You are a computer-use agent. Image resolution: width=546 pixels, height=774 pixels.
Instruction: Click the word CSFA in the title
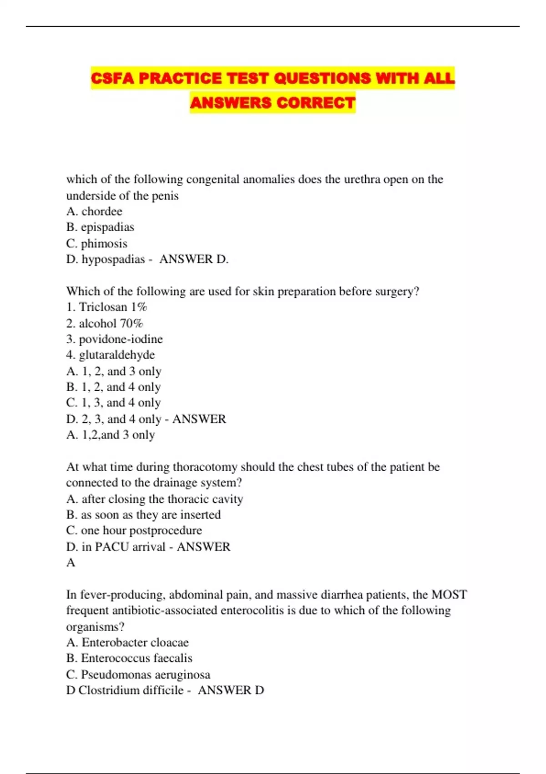coord(112,78)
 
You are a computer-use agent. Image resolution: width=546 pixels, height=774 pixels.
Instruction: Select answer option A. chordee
coord(94,211)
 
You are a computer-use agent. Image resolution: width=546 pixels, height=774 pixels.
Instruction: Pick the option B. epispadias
coord(100,227)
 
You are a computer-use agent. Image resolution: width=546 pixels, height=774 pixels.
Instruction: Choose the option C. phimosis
coord(96,243)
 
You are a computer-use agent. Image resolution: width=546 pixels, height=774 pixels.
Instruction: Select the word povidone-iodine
coord(121,339)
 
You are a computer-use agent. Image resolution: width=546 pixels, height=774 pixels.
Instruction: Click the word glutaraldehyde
coord(116,355)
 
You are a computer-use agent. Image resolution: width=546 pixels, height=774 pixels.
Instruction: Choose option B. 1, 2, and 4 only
coord(113,387)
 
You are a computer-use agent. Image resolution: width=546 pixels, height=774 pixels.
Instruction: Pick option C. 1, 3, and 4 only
coord(113,403)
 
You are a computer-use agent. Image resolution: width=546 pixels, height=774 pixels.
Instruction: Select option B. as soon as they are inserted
coord(143,515)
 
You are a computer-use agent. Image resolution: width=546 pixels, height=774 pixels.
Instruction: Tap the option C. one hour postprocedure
coord(134,531)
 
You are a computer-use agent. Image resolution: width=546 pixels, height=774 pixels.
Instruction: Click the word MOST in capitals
coord(449,595)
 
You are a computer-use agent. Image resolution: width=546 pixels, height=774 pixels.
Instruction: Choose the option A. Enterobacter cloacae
coord(127,642)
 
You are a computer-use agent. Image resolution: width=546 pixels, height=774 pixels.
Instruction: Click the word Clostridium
coord(108,690)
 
